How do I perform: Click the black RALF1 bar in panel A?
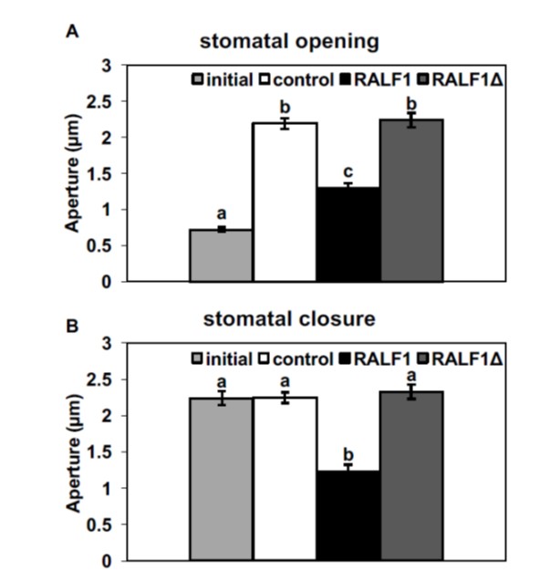(348, 234)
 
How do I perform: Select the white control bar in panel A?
(285, 202)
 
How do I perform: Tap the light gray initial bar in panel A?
(221, 255)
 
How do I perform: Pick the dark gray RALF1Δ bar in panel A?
(410, 201)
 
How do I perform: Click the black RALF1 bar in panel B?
(348, 515)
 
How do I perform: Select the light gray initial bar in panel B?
(221, 480)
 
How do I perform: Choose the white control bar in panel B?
(285, 480)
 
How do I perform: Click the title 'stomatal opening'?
(290, 42)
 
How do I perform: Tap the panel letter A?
(69, 32)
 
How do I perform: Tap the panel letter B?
(69, 323)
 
